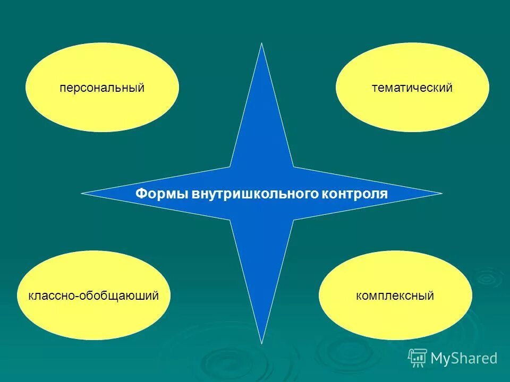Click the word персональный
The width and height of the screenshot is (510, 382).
click(102, 88)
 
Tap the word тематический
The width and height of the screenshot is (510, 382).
click(412, 88)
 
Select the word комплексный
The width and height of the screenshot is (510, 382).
click(395, 296)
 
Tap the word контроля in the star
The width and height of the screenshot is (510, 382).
click(354, 194)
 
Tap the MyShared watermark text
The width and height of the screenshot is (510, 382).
click(464, 359)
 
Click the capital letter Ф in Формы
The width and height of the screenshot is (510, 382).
click(141, 194)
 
